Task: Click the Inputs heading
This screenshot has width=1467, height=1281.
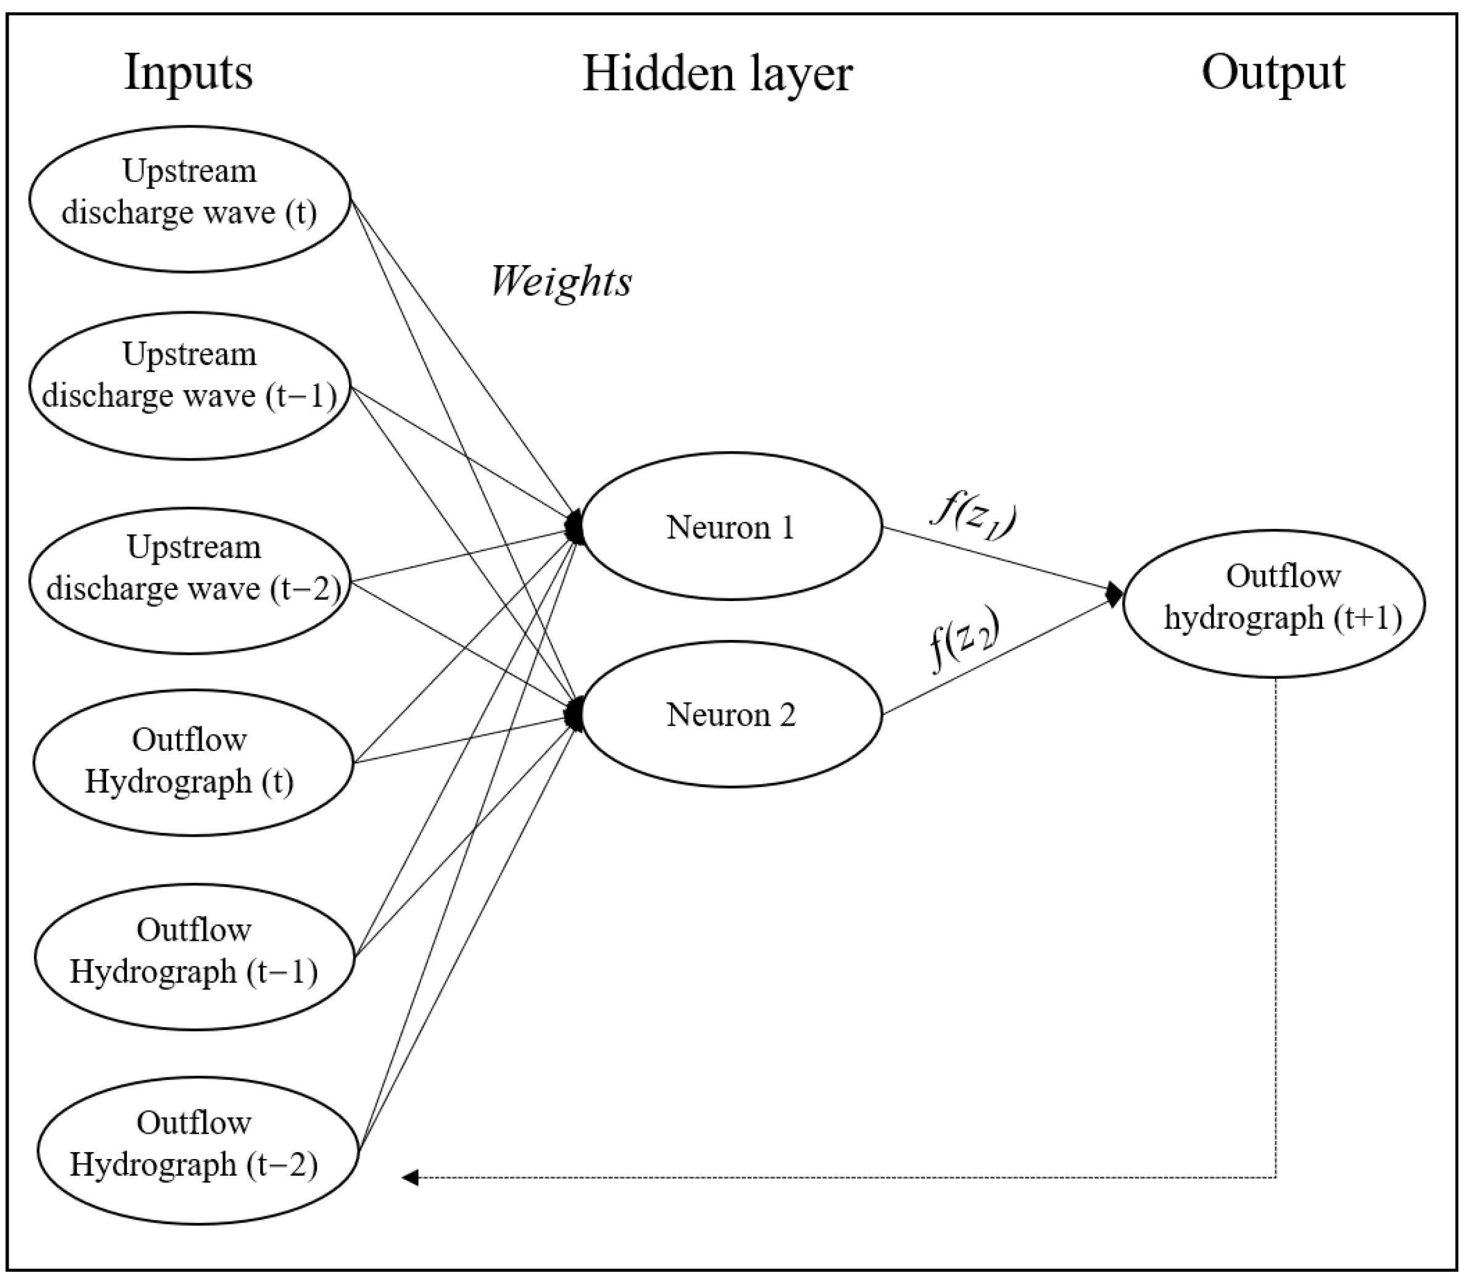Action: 189,73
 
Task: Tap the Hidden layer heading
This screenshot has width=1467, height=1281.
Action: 717,75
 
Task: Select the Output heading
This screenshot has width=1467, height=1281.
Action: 1273,73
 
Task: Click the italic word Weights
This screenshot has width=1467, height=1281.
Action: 561,281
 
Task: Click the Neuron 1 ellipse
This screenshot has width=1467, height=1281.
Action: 731,527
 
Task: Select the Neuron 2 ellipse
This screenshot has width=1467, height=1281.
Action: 731,714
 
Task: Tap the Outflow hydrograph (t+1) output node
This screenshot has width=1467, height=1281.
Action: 1274,603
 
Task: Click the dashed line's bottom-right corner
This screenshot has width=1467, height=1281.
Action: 1276,1177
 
